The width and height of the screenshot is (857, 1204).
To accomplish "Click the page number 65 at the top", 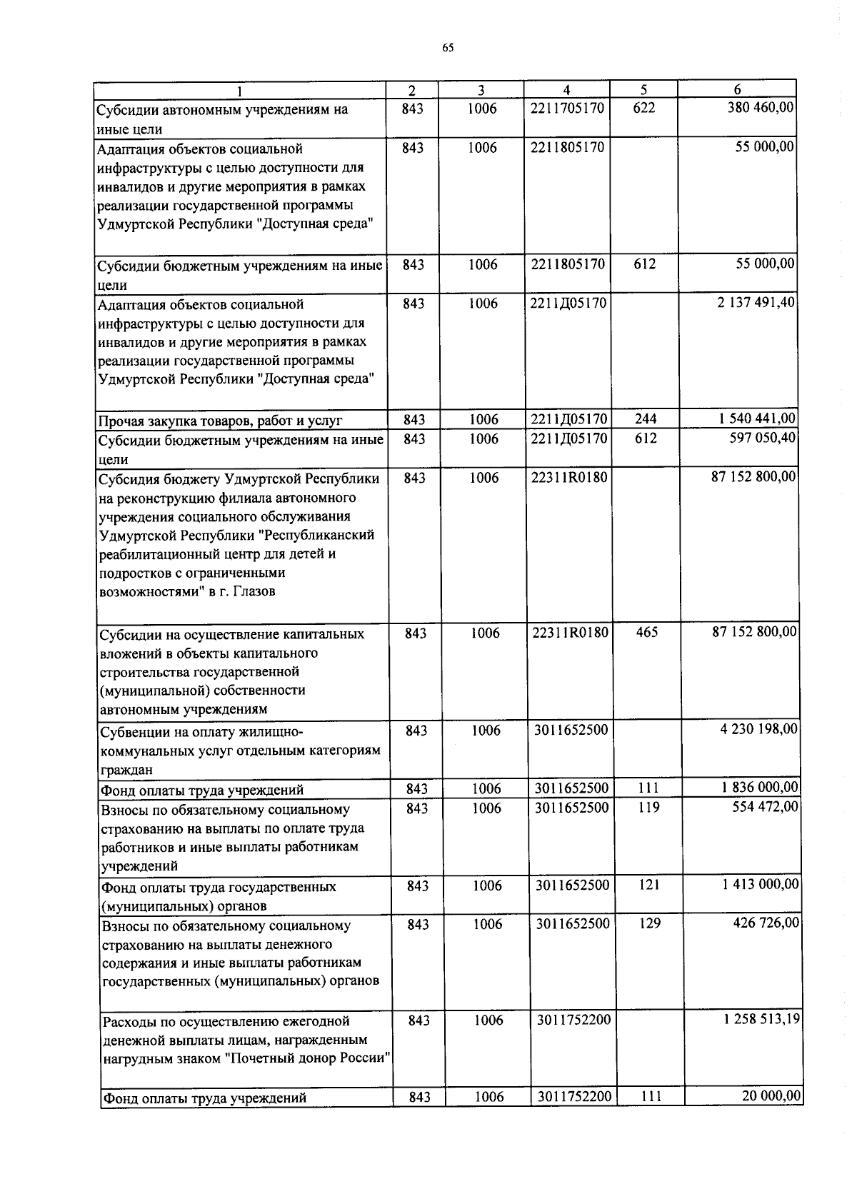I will click(448, 48).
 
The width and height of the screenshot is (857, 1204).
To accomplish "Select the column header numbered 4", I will click(566, 90).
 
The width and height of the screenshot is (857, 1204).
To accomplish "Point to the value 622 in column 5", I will click(643, 109).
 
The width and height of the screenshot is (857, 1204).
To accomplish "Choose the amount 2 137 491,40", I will click(756, 303).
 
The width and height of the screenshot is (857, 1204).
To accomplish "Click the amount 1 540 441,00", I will click(756, 419).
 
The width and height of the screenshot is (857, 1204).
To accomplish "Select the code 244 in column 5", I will click(645, 419).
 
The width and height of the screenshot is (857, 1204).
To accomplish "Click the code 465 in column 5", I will click(646, 632).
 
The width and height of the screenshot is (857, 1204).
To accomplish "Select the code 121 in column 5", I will click(649, 885).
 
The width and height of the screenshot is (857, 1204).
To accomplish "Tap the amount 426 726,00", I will click(768, 923).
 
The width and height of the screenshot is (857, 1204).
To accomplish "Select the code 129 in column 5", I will click(649, 923).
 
